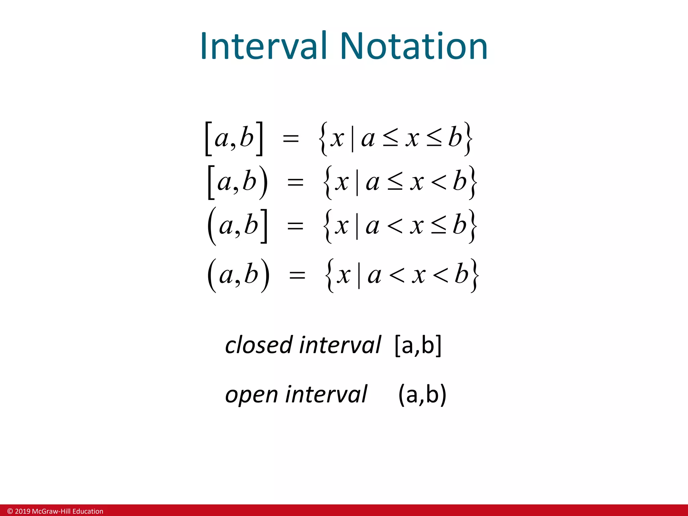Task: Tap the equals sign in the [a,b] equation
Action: coord(291,138)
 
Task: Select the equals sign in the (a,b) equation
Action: coord(297,276)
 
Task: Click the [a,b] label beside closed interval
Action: coord(418,345)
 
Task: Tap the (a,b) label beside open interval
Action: coord(422,394)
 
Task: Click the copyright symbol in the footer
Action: coord(10,511)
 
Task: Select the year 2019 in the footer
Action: coord(23,511)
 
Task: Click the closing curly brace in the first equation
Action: coord(468,138)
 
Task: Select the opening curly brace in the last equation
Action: coord(331,276)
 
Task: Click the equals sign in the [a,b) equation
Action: coord(295,183)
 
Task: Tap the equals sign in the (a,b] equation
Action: coord(295,226)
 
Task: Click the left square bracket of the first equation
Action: coord(208,138)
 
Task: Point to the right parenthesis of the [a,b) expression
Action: coord(264,183)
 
